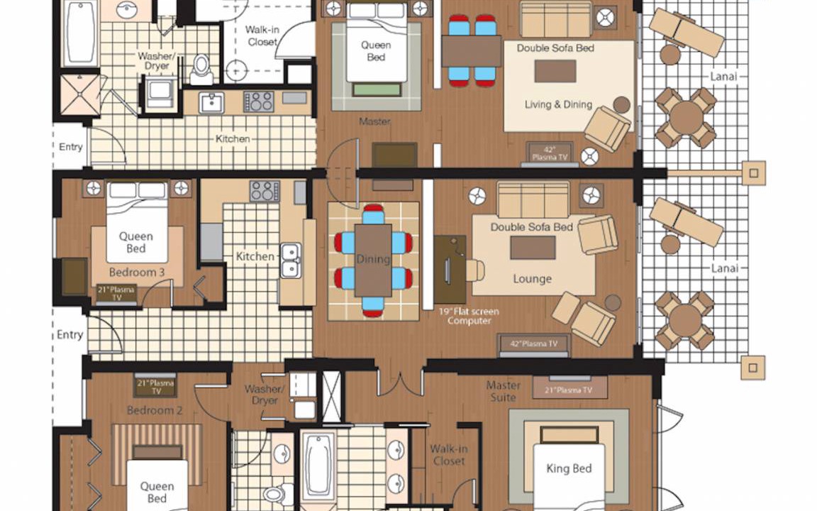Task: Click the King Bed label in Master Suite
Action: pos(569,468)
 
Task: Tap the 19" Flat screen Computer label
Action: pos(468,316)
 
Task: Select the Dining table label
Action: pos(373,258)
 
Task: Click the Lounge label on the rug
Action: pos(532,279)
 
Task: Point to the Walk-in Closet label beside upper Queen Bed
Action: pos(262,35)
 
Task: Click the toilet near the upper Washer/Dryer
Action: pos(201,70)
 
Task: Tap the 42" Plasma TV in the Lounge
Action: pos(533,344)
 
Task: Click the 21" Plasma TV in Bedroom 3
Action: pos(116,294)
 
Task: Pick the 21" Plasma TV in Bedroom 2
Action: pos(156,386)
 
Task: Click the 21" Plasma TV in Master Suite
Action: pos(569,389)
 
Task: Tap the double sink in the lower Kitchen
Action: pos(290,260)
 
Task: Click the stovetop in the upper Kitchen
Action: pos(258,101)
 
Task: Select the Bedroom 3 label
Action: pos(136,273)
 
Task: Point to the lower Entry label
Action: pos(70,334)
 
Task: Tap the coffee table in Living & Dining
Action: pos(555,71)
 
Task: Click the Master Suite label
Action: pos(503,391)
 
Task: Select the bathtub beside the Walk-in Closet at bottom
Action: pos(317,465)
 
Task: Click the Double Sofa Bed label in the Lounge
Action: pos(531,227)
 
